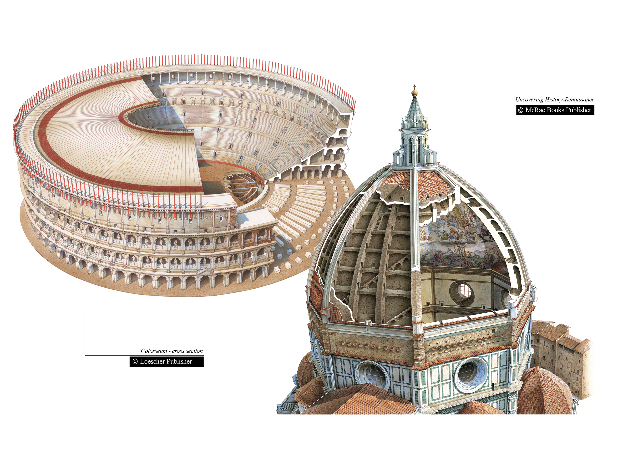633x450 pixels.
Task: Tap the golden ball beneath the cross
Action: click(415, 93)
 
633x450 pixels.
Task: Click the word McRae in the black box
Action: click(535, 110)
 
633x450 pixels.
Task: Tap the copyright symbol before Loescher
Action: click(135, 362)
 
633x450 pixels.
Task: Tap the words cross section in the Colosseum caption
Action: click(187, 351)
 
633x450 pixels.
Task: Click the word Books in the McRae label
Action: click(556, 110)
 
